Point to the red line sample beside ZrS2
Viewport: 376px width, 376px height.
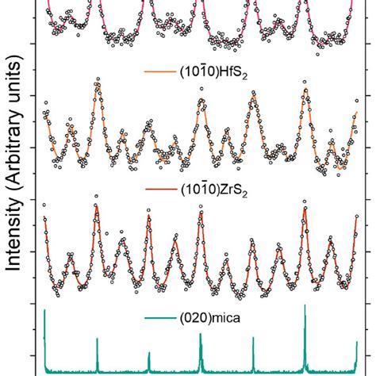point(154,191)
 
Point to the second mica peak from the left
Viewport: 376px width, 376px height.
point(97,341)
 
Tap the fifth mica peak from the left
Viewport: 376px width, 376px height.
point(253,340)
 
